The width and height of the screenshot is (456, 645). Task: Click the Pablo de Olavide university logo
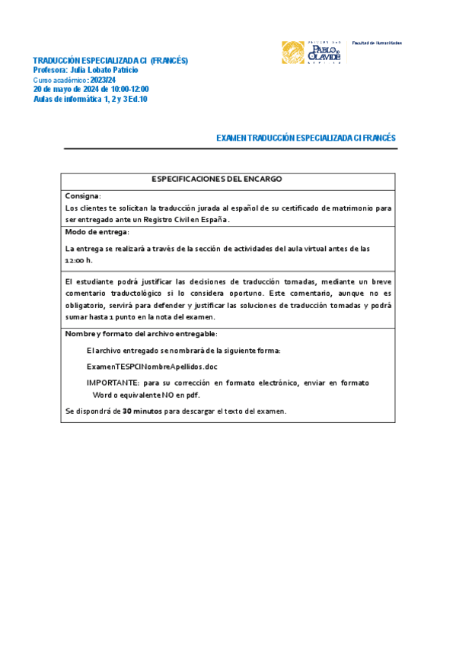click(x=312, y=52)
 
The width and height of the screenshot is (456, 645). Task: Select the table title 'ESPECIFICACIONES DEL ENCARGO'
click(x=217, y=180)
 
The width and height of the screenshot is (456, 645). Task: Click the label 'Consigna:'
click(x=83, y=195)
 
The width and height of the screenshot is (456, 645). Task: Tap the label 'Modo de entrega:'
click(x=97, y=232)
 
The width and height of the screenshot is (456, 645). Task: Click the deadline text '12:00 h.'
click(x=79, y=260)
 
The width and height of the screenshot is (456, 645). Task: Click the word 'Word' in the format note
click(x=103, y=396)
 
